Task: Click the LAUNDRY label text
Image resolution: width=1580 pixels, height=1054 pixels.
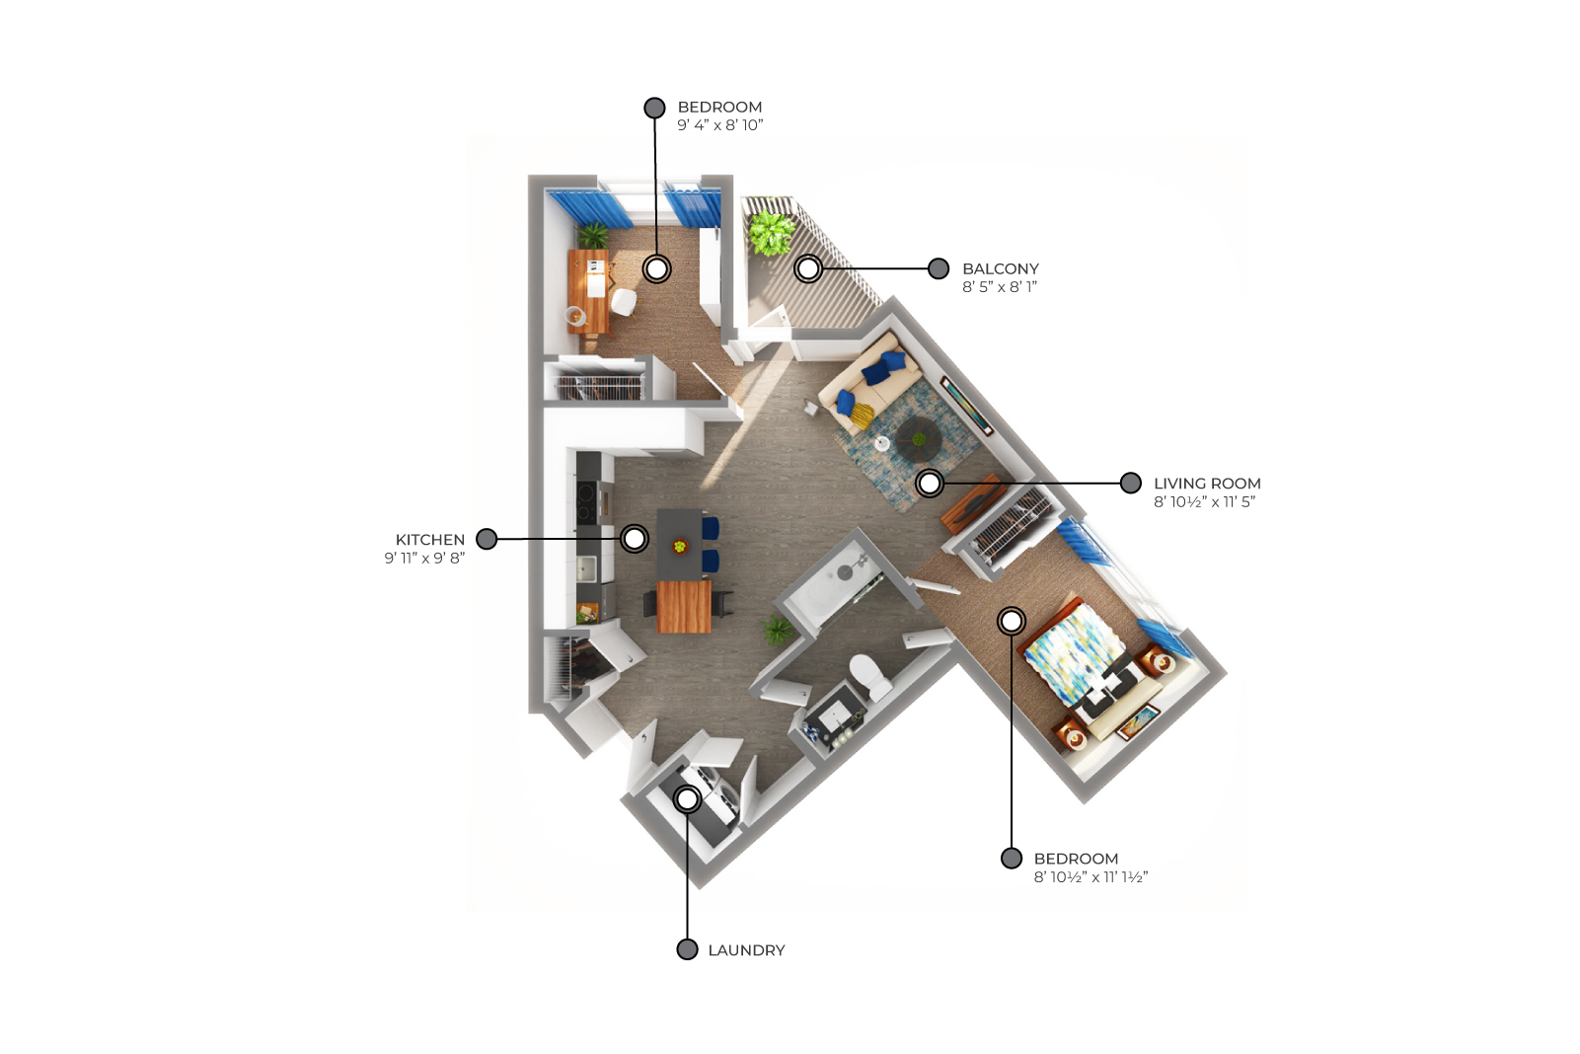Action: (746, 950)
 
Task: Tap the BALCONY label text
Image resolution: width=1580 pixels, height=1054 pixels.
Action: (1000, 268)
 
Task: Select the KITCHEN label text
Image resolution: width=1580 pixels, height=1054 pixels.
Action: (429, 540)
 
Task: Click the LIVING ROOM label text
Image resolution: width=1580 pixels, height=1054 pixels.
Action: (1207, 484)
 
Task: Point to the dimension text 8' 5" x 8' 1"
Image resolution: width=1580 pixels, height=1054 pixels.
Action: (1000, 286)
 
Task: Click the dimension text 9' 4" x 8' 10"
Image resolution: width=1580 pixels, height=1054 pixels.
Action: (720, 125)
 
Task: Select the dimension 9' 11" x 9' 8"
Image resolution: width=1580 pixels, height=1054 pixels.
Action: (424, 558)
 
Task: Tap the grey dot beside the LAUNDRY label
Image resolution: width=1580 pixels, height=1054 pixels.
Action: (687, 949)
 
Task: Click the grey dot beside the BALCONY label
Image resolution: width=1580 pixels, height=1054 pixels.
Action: (939, 268)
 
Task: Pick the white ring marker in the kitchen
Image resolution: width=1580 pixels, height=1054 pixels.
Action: (635, 539)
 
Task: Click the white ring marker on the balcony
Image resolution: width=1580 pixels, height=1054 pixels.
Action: (808, 268)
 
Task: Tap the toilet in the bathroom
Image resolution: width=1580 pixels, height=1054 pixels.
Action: (869, 676)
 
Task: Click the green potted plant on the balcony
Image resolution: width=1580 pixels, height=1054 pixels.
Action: (770, 232)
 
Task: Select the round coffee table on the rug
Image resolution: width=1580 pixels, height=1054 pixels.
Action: (919, 439)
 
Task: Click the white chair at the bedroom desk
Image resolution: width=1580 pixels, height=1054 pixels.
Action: (624, 302)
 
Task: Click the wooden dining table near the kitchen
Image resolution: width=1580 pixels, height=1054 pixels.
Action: (684, 606)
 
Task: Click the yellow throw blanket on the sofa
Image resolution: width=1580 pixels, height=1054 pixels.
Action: (861, 415)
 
